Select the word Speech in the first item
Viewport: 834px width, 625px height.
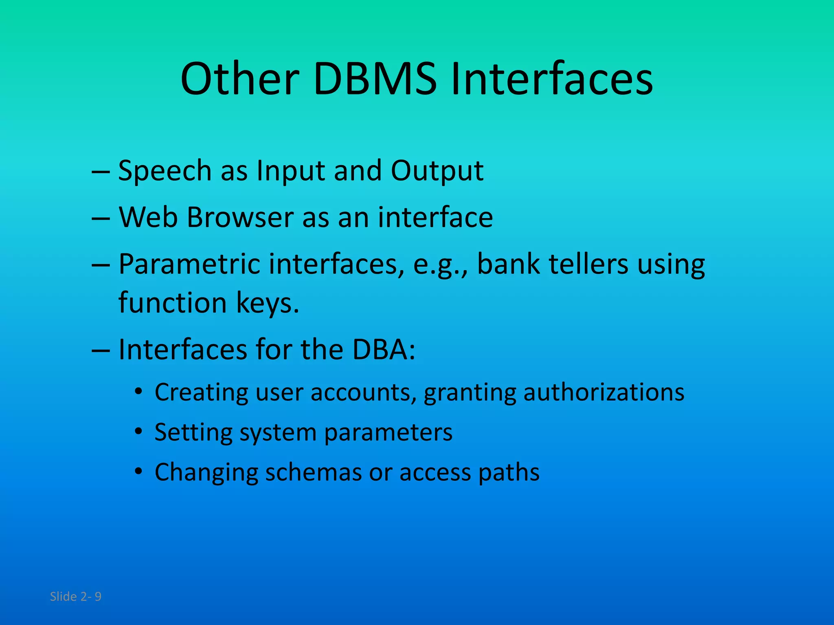(165, 171)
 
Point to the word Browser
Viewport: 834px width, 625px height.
(240, 217)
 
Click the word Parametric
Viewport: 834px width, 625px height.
(189, 264)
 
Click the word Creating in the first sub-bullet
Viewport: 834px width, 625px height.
(201, 393)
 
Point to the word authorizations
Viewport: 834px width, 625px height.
(604, 393)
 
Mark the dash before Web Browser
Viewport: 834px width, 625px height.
(101, 218)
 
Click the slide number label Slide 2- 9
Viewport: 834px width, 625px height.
(75, 597)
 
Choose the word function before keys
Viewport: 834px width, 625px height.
(172, 303)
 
